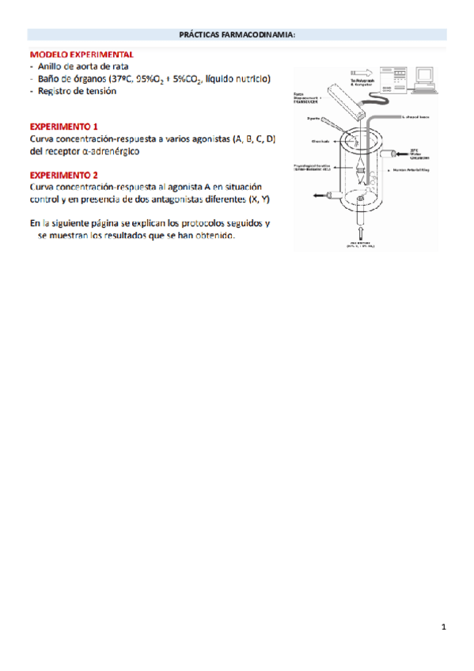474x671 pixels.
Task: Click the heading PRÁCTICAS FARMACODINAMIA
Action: coord(237,34)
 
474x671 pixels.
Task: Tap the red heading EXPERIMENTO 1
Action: coord(63,127)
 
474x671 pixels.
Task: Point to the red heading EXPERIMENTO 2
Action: coord(63,175)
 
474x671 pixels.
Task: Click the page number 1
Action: coord(444,627)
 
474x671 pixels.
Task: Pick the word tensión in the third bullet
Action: coord(99,91)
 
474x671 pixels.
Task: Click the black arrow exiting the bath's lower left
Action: coord(319,195)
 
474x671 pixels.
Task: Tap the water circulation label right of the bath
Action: coord(420,151)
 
